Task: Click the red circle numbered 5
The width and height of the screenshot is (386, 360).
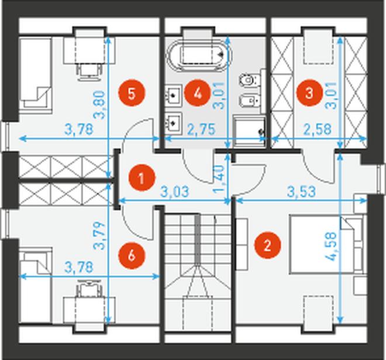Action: coord(132,94)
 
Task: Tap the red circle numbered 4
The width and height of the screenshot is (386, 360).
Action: coord(198,94)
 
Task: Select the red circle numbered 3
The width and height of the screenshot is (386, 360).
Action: coord(309,93)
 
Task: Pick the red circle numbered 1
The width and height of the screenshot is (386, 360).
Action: coord(142,178)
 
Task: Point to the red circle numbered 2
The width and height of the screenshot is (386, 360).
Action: coord(268,245)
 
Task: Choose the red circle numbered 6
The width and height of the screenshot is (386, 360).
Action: coord(132,255)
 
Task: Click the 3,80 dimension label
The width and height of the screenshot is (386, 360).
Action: coord(99,105)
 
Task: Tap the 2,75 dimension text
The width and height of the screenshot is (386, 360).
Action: coord(201,129)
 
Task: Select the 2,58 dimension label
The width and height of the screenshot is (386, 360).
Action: coord(318,129)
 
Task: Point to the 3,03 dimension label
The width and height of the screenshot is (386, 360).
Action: coord(175,191)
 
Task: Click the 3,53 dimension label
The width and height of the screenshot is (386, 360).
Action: coord(301,191)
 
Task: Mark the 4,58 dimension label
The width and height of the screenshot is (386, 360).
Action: coord(330,246)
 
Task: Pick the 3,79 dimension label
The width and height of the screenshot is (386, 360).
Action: coord(99,236)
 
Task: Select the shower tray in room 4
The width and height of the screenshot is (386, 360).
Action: coord(250,131)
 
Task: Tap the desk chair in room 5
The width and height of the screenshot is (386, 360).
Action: coord(89,71)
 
